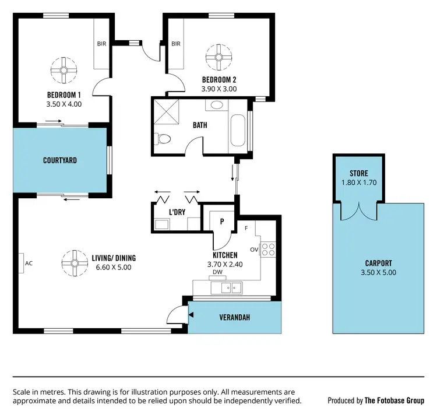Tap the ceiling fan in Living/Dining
pos(75,264)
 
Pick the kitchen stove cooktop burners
pos(267,250)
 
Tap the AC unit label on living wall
pos(29,264)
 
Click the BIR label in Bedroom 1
pos(101,44)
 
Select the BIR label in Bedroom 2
pos(176,44)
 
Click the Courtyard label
pos(60,160)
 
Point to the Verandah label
pos(234,318)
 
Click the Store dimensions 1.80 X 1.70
pos(358,182)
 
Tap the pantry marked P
pos(222,221)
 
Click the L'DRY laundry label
pos(177,212)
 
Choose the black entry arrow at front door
pos(191,317)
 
